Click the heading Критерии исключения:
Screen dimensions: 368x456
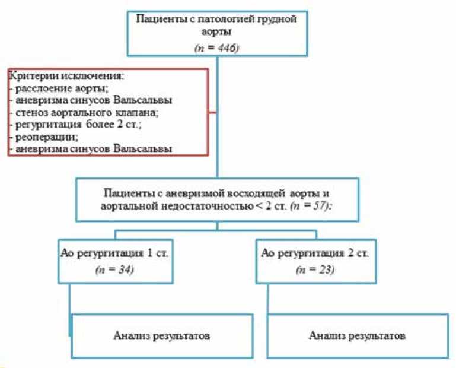point(57,77)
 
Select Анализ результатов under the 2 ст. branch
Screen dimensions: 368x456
point(358,335)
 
